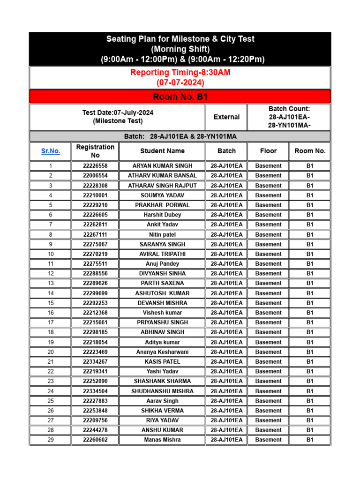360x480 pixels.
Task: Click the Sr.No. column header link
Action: pos(51,151)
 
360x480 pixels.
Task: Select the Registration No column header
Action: pos(95,151)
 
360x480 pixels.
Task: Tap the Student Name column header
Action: pos(162,151)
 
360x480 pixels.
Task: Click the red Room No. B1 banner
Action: pos(180,97)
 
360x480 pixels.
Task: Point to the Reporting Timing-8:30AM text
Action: pos(180,73)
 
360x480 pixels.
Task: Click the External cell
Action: pos(226,117)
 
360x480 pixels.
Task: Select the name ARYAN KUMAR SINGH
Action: pos(162,166)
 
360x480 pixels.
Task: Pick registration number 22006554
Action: pos(95,176)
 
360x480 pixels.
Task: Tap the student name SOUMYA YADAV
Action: pos(162,195)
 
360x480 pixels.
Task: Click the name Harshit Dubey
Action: pos(162,215)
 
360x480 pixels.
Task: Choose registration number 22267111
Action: pos(95,234)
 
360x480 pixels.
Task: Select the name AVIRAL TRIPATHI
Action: pos(162,254)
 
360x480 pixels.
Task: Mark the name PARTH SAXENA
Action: pos(162,283)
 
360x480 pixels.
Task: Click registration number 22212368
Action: pos(95,313)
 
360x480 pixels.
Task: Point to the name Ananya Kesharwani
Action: pos(162,352)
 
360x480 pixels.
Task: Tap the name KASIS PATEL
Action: pos(162,362)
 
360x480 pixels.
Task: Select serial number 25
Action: pos(51,401)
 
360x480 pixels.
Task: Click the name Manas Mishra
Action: pos(162,440)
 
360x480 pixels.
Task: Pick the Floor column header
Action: pos(269,151)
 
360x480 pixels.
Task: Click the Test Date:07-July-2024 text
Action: pos(118,113)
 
